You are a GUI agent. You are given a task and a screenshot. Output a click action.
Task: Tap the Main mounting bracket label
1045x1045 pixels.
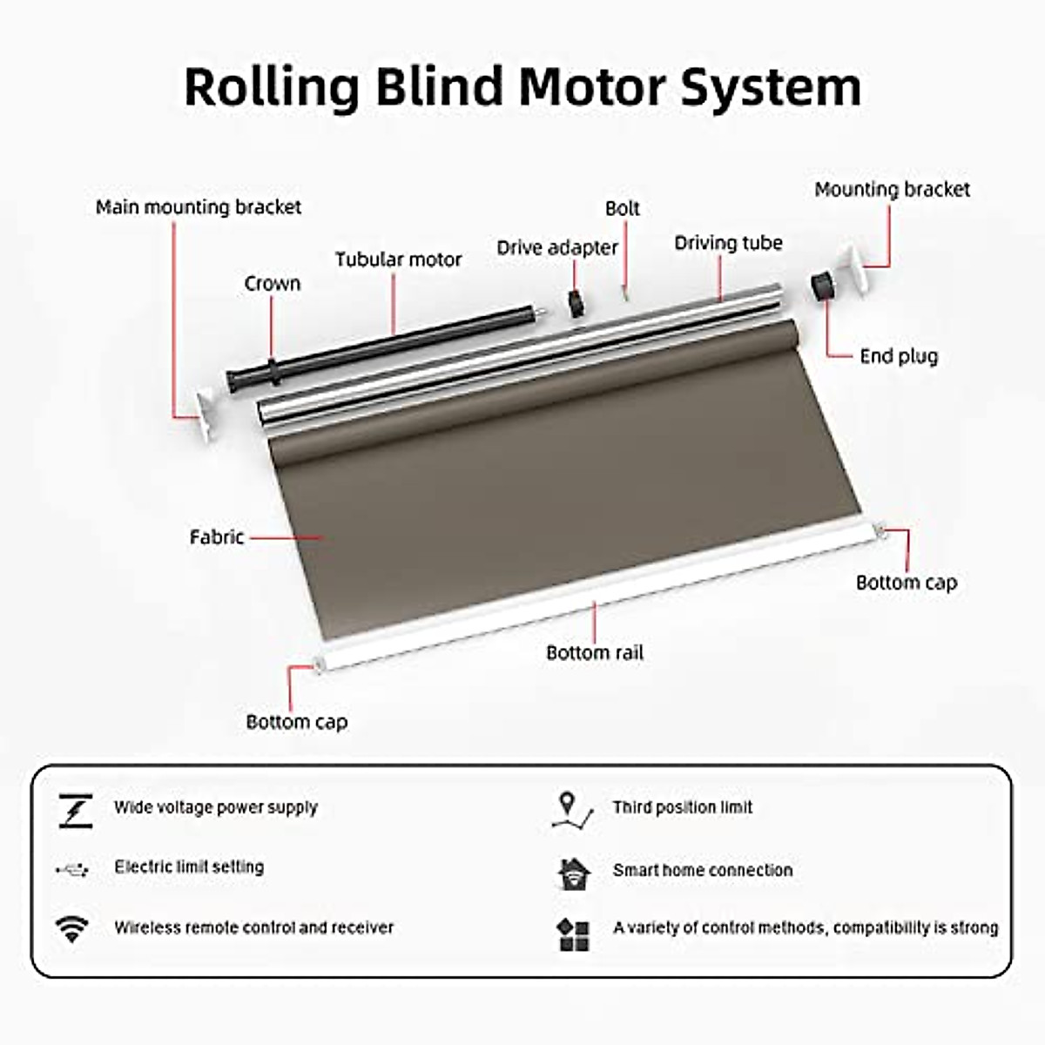[x=199, y=207]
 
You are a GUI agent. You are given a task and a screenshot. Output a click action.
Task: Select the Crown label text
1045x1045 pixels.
[x=272, y=284]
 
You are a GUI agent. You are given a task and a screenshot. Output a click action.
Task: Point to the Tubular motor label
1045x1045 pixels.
[x=398, y=260]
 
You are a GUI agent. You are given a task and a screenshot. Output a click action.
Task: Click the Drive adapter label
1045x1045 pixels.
[x=557, y=248]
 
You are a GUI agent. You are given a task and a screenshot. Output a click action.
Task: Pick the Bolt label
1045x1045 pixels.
[x=622, y=209]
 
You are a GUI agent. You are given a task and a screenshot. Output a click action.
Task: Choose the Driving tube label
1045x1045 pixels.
[x=728, y=243]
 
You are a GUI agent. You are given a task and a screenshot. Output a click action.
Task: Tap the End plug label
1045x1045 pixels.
[x=898, y=356]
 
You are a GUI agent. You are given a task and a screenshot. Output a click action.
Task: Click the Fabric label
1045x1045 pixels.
[x=216, y=537]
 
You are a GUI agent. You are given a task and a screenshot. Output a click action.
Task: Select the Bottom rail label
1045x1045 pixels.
[x=595, y=652]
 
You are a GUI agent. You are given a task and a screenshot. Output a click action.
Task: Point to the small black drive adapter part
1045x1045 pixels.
[x=575, y=305]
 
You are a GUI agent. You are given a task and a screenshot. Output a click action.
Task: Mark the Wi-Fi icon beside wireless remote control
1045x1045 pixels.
[x=72, y=928]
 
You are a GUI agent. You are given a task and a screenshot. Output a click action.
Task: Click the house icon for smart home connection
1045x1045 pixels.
[x=574, y=873]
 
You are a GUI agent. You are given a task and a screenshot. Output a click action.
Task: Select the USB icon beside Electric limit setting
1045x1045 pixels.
[x=72, y=868]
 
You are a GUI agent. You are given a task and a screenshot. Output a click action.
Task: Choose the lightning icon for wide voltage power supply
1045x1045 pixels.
[x=75, y=810]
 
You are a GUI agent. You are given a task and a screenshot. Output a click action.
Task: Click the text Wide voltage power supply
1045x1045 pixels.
[x=216, y=807]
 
